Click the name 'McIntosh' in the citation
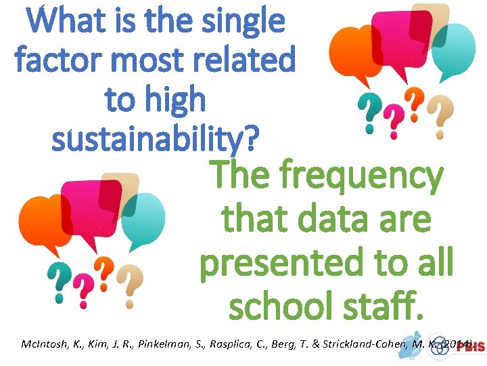tap(42, 346)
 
